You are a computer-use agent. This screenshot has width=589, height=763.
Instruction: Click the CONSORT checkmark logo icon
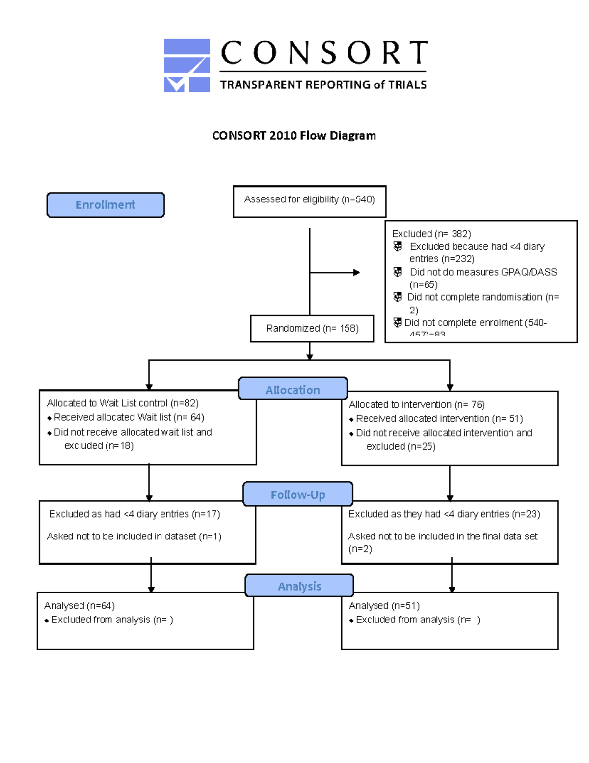tap(187, 66)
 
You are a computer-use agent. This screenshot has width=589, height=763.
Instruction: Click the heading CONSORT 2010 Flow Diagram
tap(294, 136)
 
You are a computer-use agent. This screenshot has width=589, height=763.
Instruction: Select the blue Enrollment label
tap(106, 205)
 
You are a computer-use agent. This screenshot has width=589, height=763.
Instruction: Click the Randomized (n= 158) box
tap(312, 328)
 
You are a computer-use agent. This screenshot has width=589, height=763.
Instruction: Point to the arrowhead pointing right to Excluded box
tap(356, 272)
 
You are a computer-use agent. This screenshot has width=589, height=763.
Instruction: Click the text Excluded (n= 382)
tap(431, 234)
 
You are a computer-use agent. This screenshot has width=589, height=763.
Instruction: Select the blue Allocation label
tap(293, 390)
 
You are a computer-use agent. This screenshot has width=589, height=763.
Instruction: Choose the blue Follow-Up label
tap(298, 494)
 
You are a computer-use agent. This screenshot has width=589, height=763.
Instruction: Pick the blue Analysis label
tap(299, 586)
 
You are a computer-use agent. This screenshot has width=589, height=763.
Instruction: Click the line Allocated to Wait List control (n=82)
tap(123, 403)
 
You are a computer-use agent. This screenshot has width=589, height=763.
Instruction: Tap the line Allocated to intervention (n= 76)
tap(417, 404)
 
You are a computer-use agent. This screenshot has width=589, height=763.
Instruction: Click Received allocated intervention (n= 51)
tap(439, 419)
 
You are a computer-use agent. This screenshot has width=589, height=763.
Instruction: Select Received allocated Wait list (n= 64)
tap(129, 417)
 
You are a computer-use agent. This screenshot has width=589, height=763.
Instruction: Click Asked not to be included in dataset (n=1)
tap(134, 537)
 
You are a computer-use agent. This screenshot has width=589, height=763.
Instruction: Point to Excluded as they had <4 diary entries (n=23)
tap(444, 514)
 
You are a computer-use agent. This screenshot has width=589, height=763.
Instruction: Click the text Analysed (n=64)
tap(80, 606)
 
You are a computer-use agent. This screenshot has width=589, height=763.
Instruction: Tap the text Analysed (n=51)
tap(384, 606)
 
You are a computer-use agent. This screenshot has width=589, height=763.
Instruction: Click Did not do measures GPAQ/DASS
tap(483, 272)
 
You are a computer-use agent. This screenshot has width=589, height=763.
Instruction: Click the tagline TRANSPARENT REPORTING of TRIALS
tap(323, 85)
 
